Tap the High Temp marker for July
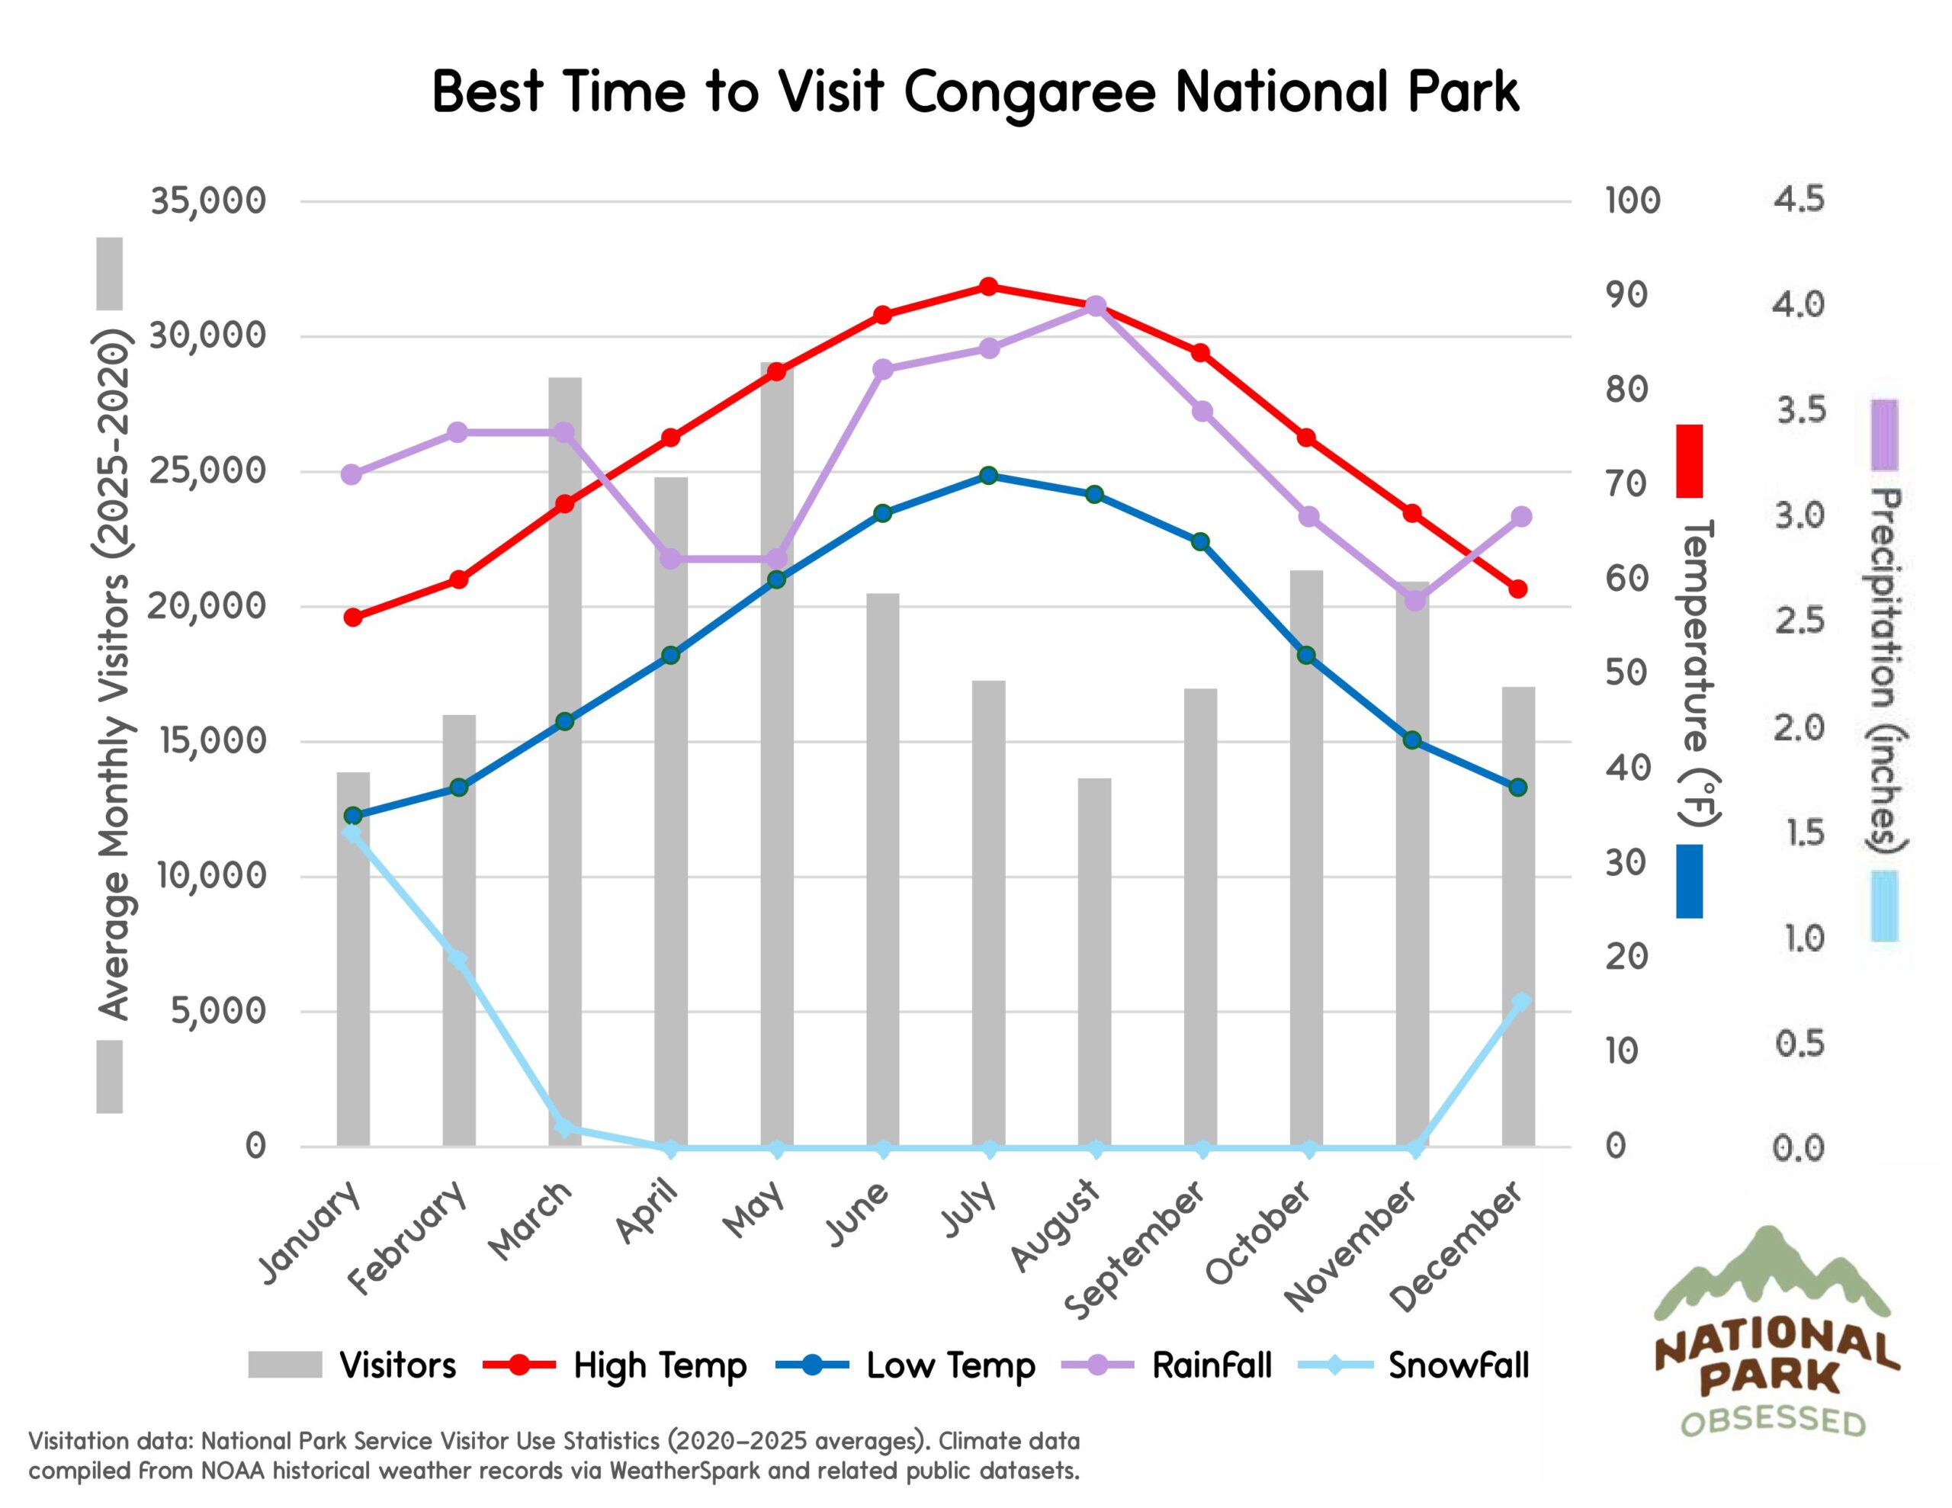[988, 287]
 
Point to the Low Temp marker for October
[1306, 655]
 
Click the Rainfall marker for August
[1096, 306]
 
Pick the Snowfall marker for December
[1520, 1002]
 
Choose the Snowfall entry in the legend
[1458, 1365]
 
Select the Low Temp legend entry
[950, 1365]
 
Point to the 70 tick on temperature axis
[1626, 483]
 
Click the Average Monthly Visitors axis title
[115, 675]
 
